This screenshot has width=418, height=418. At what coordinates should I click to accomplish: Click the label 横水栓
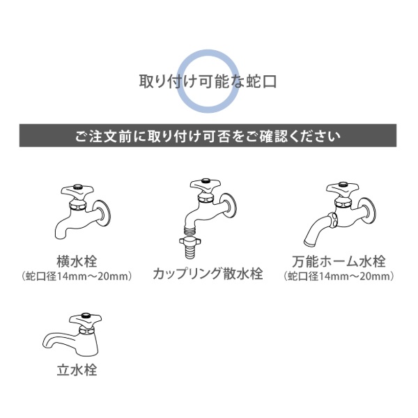[x=77, y=261]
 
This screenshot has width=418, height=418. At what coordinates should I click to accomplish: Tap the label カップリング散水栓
[x=208, y=274]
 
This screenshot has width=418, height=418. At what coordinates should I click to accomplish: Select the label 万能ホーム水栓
[x=339, y=261]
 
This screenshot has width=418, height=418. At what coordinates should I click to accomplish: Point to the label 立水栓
[x=77, y=370]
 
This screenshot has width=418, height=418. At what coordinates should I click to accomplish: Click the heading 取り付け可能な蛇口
[x=208, y=82]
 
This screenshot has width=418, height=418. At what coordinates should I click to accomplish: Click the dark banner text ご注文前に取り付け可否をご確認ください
[x=208, y=137]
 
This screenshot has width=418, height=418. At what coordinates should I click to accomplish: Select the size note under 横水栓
[x=77, y=277]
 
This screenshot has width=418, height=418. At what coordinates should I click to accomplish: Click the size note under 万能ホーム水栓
[x=339, y=277]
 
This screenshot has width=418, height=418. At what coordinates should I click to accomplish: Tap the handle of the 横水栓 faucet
[x=77, y=191]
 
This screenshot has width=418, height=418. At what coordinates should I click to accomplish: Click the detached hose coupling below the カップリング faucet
[x=190, y=247]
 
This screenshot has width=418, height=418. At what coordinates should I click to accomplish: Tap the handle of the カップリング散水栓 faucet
[x=206, y=186]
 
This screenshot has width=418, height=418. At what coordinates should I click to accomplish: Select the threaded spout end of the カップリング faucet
[x=190, y=229]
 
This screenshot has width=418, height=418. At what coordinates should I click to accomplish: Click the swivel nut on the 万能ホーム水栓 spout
[x=333, y=220]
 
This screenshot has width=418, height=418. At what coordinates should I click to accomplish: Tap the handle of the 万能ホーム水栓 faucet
[x=342, y=189]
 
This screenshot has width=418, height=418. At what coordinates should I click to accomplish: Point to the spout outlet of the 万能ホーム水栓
[x=309, y=243]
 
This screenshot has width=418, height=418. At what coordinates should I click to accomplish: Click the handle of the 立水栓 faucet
[x=85, y=319]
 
